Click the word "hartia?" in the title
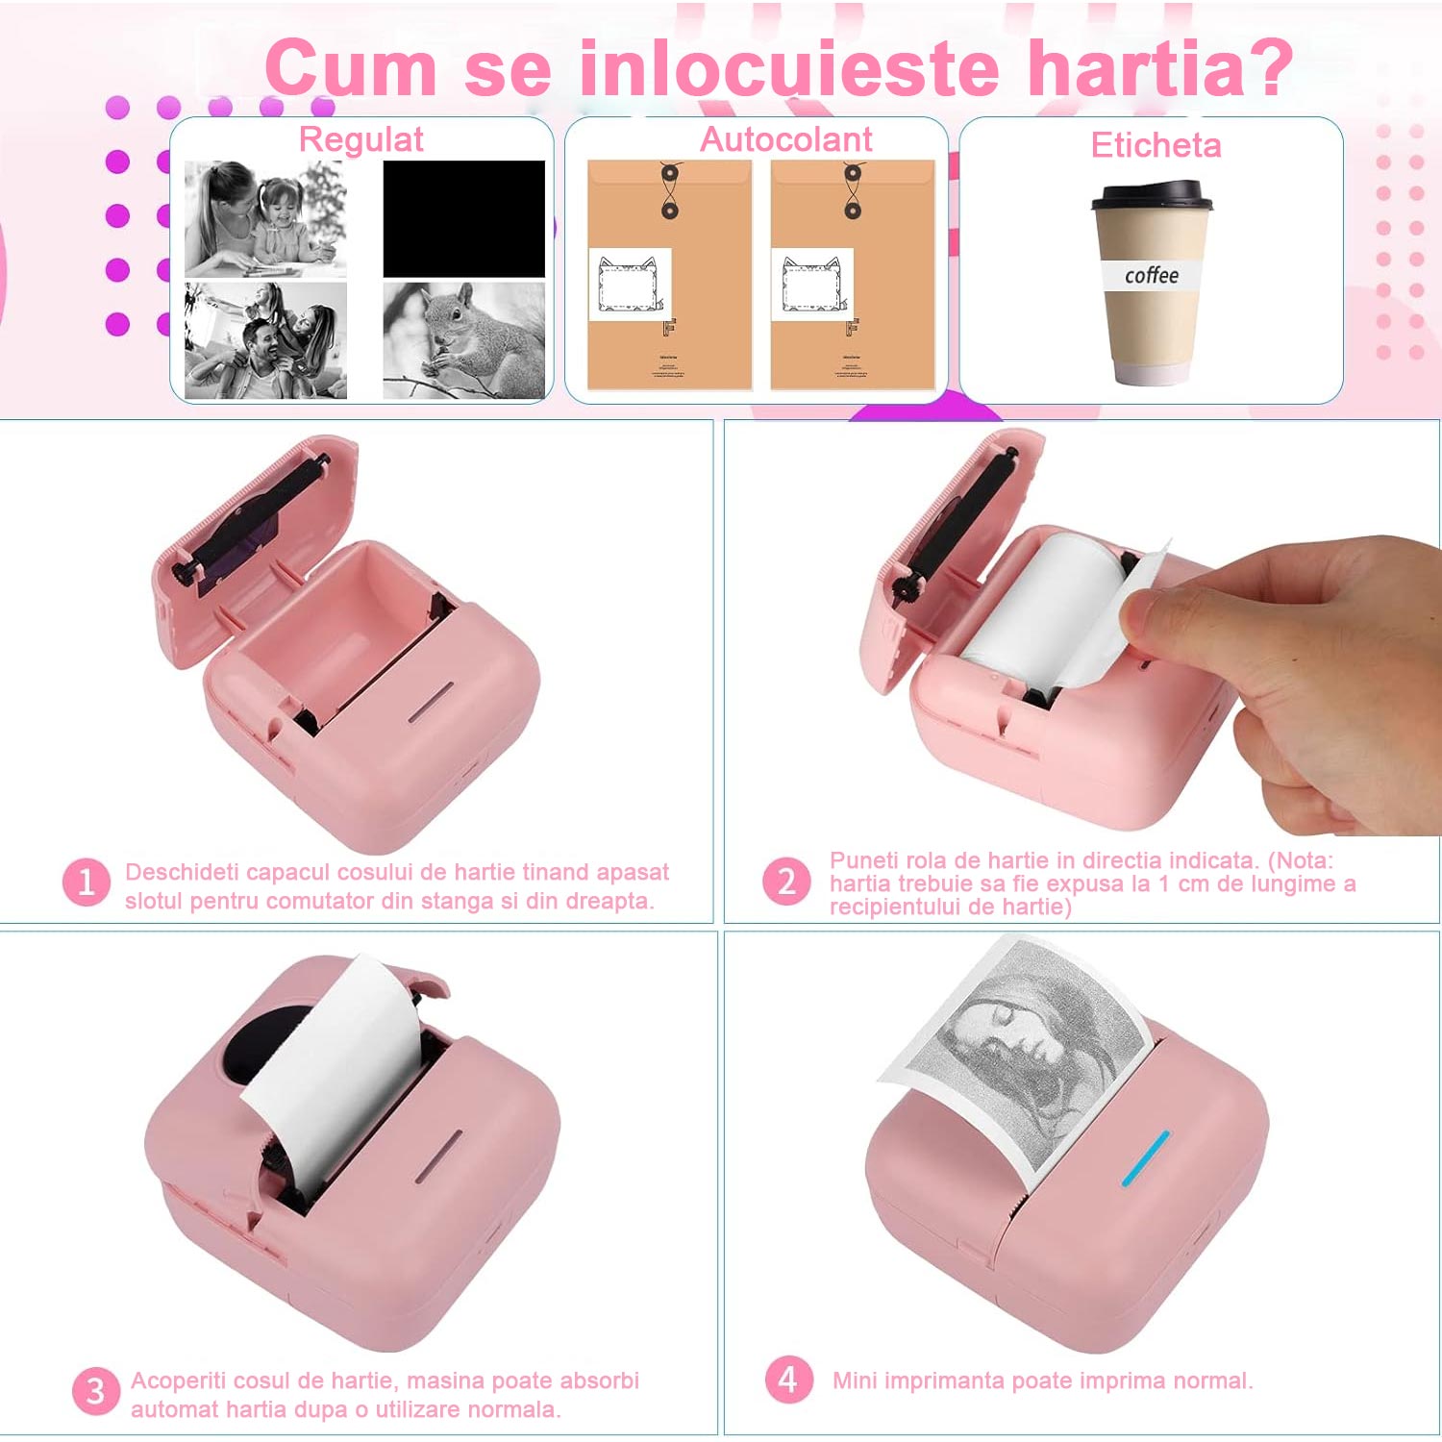coord(1160,69)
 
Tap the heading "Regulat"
coord(360,139)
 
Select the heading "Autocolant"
coord(785,139)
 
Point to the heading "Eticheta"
coord(1156,145)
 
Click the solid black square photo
coord(463,218)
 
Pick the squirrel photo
coord(463,339)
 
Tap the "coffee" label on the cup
coord(1152,276)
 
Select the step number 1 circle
coord(86,882)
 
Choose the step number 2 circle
coord(786,882)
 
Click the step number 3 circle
coord(95,1391)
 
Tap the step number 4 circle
coord(788,1380)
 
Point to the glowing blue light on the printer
coord(1146,1157)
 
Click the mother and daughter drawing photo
coord(265,218)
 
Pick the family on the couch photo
coord(265,339)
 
